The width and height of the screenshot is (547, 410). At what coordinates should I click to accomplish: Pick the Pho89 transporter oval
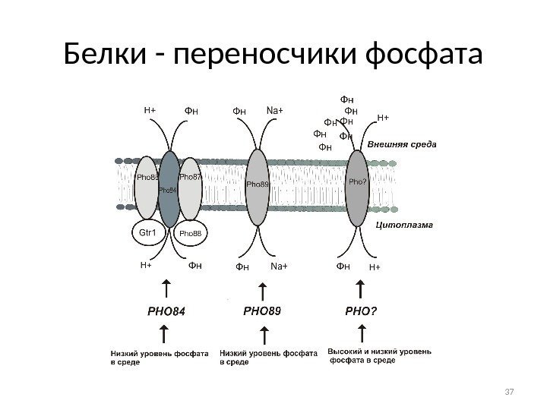[x=258, y=185]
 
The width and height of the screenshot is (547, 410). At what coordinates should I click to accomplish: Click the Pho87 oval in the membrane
[x=189, y=187]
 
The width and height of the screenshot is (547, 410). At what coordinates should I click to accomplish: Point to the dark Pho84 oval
[x=169, y=188]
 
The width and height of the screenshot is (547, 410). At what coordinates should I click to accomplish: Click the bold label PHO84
[x=166, y=311]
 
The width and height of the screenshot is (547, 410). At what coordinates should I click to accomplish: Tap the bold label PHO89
[x=262, y=311]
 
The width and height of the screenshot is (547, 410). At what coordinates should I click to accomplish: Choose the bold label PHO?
[x=362, y=311]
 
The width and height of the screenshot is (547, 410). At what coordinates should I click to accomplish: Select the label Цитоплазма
[x=405, y=225]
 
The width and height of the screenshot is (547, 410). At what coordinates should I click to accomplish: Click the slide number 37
[x=510, y=391]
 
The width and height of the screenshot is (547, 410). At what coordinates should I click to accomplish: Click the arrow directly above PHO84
[x=166, y=289]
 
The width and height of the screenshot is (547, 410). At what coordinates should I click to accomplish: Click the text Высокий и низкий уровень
[x=380, y=352]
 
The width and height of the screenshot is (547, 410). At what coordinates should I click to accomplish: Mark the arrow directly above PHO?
[x=362, y=289]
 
